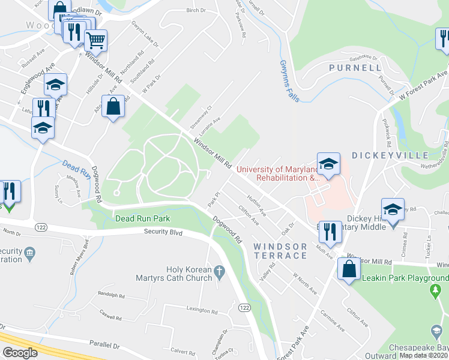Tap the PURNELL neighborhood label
point(355,68)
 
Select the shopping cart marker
point(95,41)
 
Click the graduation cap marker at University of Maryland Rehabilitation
point(328,164)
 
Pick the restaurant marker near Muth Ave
point(330,230)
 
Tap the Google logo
point(20,353)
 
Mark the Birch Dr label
point(196,10)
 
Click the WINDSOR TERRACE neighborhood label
point(280,251)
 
